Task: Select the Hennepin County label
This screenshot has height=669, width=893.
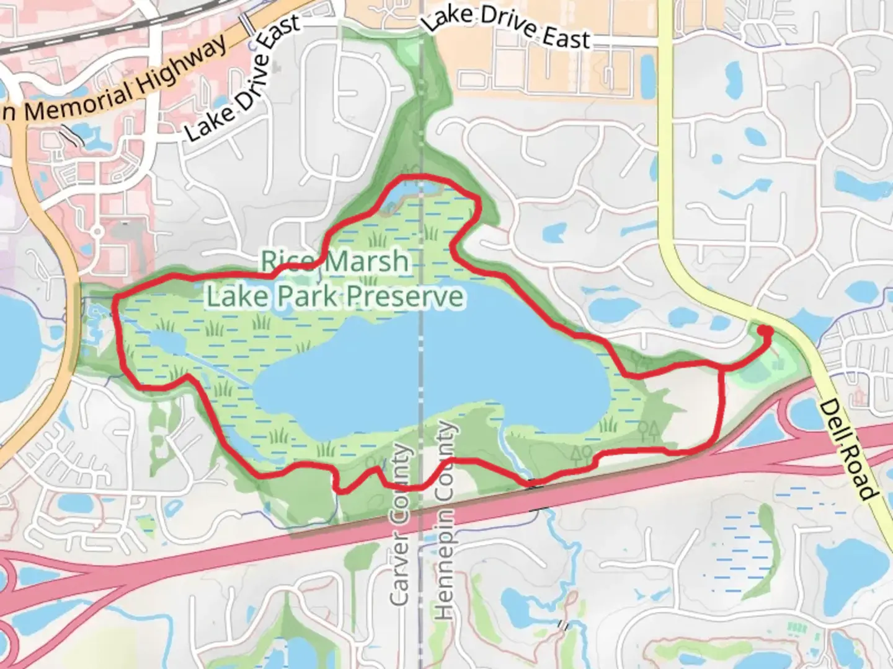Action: (445, 520)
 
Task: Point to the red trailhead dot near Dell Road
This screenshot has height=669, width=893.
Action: (766, 331)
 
